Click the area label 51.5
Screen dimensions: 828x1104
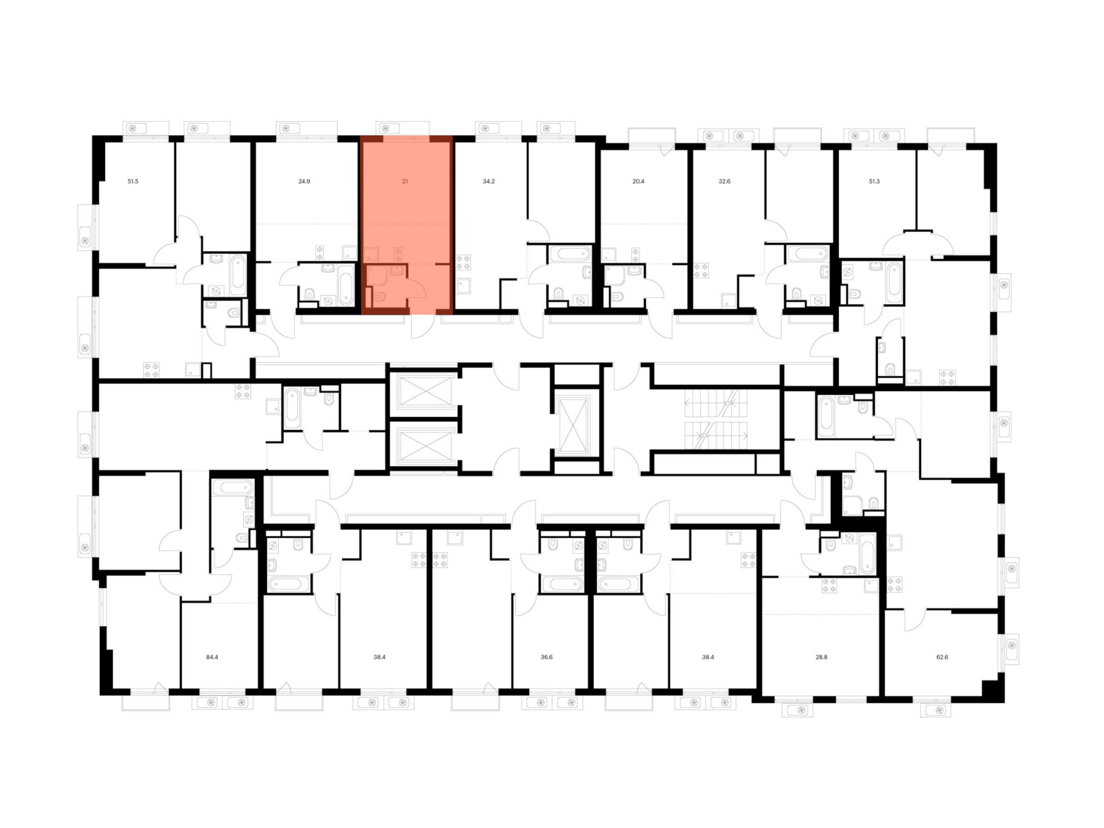pos(133,181)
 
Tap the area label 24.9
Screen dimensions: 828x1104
pos(304,181)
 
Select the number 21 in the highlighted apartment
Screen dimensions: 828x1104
pos(405,181)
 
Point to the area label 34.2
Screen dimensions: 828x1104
pos(489,181)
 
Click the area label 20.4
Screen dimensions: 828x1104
pos(638,181)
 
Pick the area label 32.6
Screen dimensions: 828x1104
pos(724,181)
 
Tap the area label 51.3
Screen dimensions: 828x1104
pos(874,181)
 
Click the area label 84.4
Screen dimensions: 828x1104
pos(212,657)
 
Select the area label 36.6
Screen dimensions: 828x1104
pos(546,657)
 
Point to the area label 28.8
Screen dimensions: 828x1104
pos(821,657)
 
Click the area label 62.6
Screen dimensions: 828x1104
pos(942,657)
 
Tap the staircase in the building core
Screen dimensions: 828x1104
pos(716,420)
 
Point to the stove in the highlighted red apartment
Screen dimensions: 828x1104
pos(398,254)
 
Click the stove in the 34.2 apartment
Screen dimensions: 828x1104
pos(463,262)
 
